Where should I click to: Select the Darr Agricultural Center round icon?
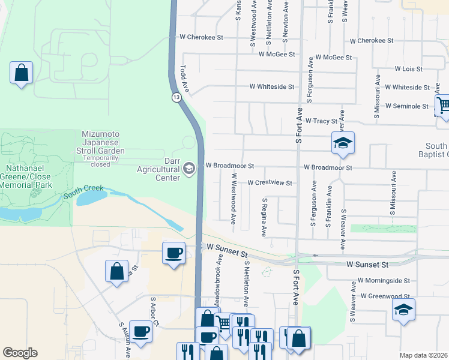click(190, 168)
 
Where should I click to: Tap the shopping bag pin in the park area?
click(21, 73)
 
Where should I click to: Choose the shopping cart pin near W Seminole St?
click(442, 106)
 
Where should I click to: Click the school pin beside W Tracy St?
click(343, 143)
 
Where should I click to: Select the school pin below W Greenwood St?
click(403, 310)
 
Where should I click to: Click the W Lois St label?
click(404, 69)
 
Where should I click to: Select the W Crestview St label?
click(269, 183)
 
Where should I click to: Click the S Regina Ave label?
click(263, 216)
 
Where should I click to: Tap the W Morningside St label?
click(384, 280)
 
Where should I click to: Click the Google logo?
click(20, 353)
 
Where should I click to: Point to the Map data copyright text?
click(424, 355)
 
